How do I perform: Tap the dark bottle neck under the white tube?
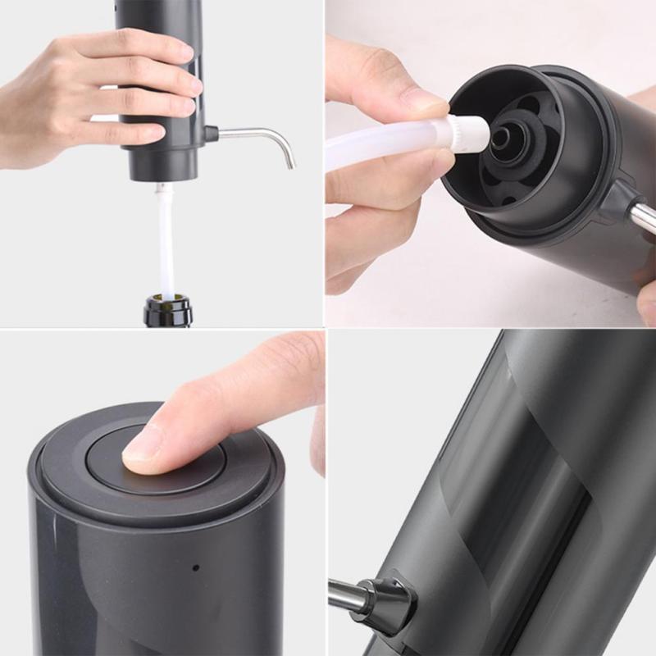(167, 312)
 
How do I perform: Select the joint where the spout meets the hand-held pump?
(210, 133)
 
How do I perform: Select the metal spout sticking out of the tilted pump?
(642, 215)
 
